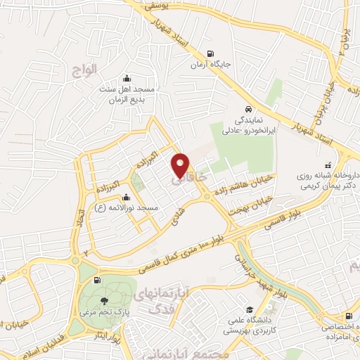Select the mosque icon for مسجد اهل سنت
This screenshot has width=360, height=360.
pos(126,78)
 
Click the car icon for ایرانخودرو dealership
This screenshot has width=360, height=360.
pos(249,110)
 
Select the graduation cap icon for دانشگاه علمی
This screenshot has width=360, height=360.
pos(250,309)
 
